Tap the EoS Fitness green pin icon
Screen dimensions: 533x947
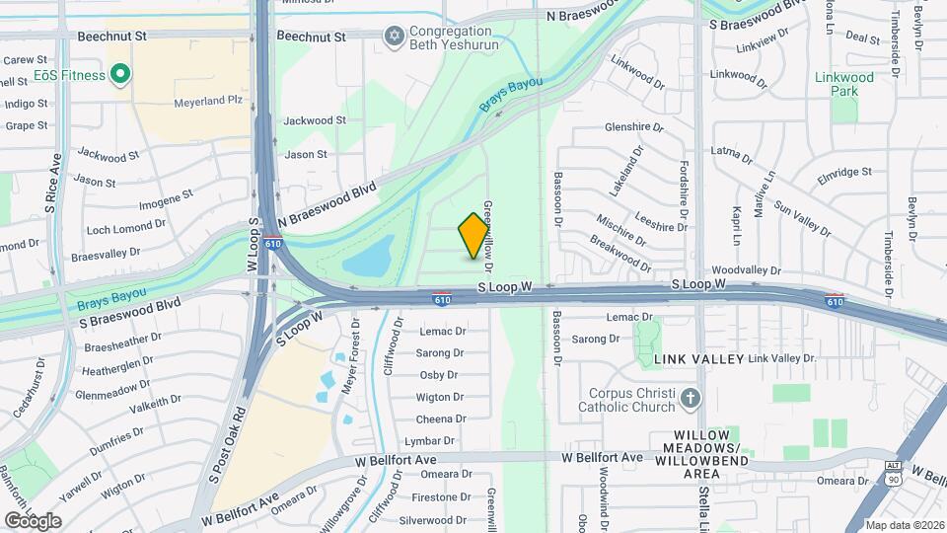tap(120, 74)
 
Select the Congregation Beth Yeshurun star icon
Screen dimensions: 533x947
tap(395, 37)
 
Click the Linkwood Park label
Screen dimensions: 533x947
tap(843, 84)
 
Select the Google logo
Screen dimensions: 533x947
tap(33, 520)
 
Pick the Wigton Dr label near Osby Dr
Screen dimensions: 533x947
tap(439, 397)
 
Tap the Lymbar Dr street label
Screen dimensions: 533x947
tap(434, 441)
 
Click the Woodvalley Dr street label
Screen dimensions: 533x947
tap(746, 269)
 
